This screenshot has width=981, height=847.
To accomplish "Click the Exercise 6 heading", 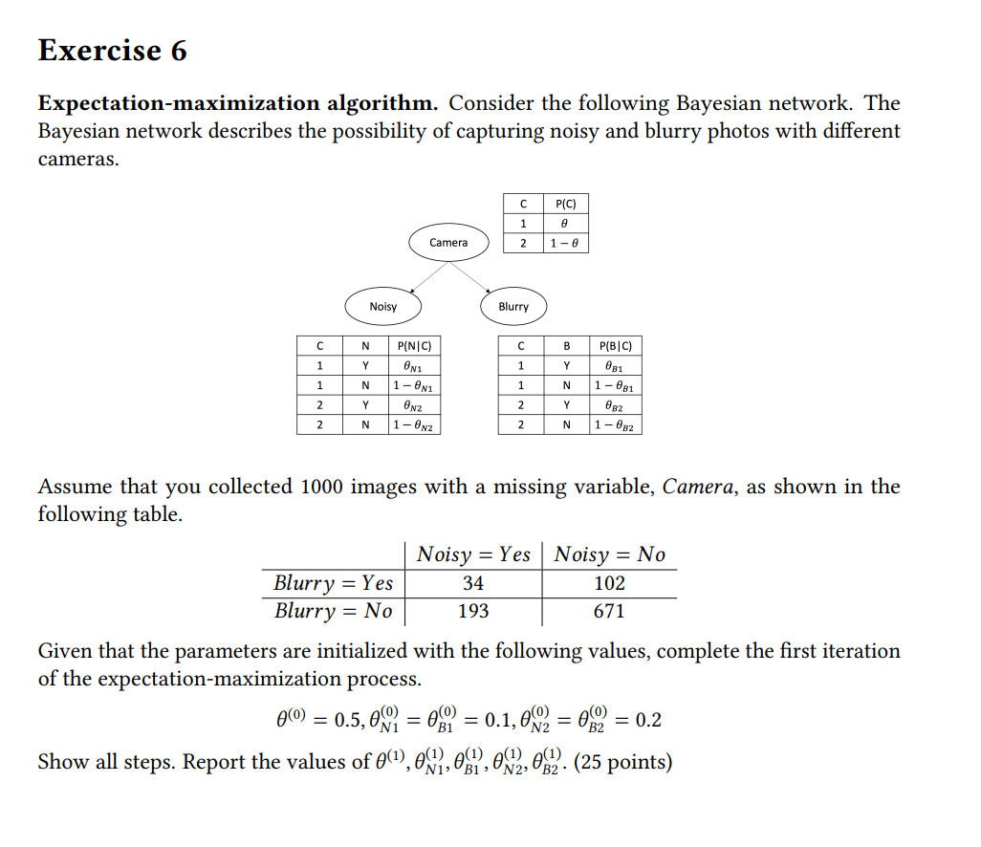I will point(112,50).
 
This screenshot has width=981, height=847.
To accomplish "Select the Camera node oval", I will point(448,242).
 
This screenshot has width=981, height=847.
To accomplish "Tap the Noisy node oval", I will point(382,306).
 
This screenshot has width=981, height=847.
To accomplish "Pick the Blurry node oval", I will point(513,306).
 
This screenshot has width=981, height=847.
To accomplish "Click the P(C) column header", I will point(565,203).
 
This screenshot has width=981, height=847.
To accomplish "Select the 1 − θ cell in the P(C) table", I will point(565,244).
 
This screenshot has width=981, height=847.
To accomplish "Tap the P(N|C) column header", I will point(415,345).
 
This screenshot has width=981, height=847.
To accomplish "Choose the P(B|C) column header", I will point(617,345).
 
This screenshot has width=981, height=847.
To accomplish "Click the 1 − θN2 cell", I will point(415,425).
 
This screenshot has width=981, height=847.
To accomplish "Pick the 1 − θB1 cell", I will point(617,385).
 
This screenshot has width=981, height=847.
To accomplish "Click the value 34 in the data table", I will point(473,583).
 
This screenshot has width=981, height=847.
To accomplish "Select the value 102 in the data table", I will point(609,583).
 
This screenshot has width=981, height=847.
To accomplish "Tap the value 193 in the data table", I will point(473,611).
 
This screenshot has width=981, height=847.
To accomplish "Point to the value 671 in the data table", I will point(609,611).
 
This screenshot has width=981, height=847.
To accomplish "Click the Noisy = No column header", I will point(610,554).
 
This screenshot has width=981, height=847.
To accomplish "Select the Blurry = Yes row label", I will point(333,583).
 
